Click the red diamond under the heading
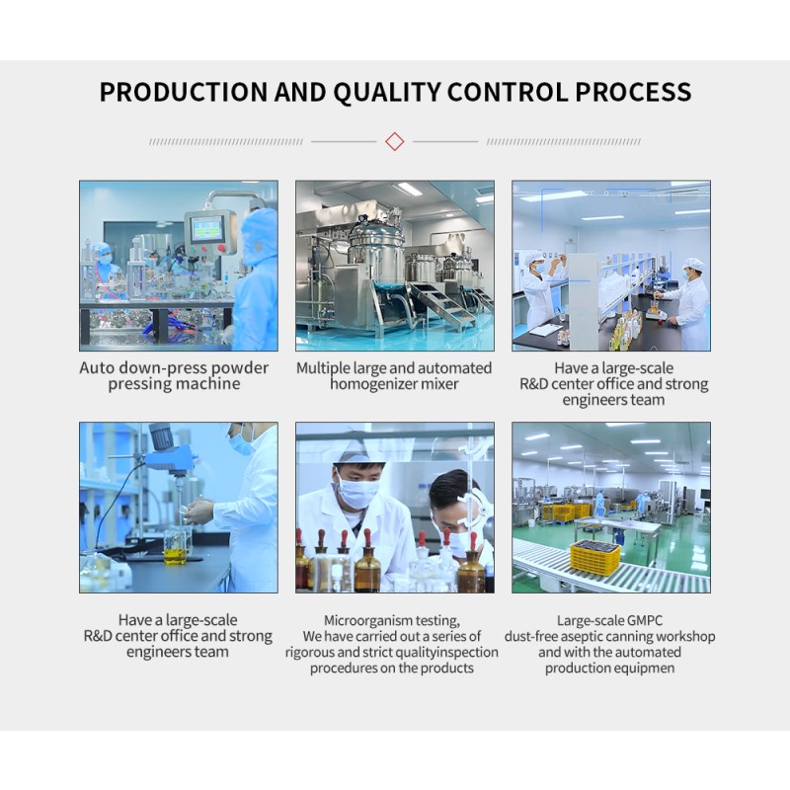395,141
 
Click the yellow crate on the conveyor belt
595,557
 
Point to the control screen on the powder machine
206,229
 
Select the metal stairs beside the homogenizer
440,305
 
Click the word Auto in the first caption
98,368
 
